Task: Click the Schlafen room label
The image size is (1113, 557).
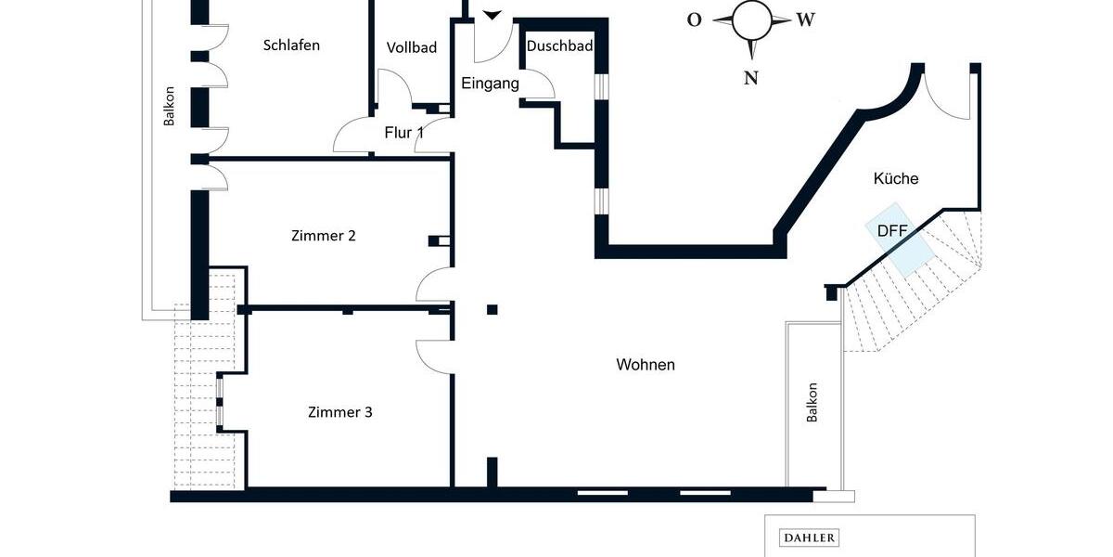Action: coord(291,45)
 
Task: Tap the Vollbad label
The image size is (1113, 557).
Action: coord(412,48)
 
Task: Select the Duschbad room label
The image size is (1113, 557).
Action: coord(559,45)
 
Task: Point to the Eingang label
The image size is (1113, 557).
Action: coord(490,84)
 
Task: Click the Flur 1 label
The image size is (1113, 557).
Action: coord(403,133)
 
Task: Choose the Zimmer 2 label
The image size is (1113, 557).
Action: coord(323,236)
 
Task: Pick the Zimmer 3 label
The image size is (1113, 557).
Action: coord(339,412)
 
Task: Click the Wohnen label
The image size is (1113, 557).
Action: coord(646,365)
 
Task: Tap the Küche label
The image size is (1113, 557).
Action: coord(896,178)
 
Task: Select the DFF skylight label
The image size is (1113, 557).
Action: coord(893,231)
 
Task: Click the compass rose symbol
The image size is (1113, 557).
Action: coord(751,21)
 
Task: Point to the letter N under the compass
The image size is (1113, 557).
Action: coord(751,78)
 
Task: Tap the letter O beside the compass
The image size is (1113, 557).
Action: coord(694,20)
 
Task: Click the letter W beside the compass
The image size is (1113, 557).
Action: coord(805,20)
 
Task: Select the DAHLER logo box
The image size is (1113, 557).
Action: coord(810,538)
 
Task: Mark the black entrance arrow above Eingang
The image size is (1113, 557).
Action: coord(492,15)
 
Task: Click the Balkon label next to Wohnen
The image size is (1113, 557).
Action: coord(812,403)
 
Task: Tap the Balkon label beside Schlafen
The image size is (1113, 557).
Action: coord(169,106)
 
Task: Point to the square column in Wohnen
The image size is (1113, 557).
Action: coord(492,309)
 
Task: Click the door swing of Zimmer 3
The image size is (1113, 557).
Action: coord(432,356)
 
